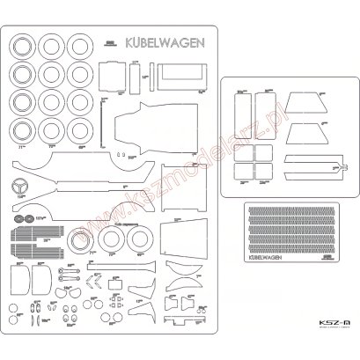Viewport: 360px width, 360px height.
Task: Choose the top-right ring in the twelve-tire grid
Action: (81, 45)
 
